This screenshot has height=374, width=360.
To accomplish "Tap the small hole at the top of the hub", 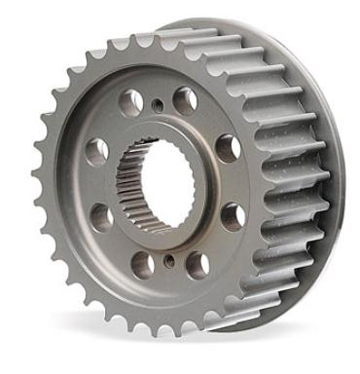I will [x=157, y=102].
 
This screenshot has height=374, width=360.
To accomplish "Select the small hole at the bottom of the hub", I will [x=169, y=260].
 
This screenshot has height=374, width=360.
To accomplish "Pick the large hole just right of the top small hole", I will [x=186, y=100].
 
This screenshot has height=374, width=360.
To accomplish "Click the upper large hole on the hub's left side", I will [x=95, y=150].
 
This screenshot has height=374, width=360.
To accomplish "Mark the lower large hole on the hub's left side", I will [x=100, y=217].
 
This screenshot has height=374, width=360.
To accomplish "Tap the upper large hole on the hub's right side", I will [x=228, y=147].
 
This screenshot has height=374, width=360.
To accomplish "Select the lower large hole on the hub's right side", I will [x=231, y=215].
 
